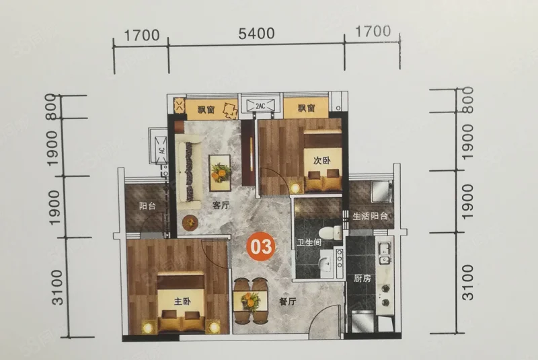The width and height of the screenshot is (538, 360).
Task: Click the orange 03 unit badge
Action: pyautogui.click(x=261, y=246)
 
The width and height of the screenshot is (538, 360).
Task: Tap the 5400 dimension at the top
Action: pyautogui.click(x=256, y=34)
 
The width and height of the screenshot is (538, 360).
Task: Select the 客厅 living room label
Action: pyautogui.click(x=221, y=205)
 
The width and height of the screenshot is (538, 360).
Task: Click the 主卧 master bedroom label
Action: pyautogui.click(x=182, y=301)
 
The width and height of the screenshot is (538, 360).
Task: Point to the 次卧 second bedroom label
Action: pyautogui.click(x=322, y=160)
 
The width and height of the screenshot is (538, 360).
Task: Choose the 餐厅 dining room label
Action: pyautogui.click(x=288, y=301)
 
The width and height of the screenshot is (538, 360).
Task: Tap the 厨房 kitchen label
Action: pyautogui.click(x=362, y=278)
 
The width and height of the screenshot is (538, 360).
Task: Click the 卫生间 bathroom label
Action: pyautogui.click(x=309, y=243)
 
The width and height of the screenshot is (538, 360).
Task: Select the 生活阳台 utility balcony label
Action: pyautogui.click(x=370, y=216)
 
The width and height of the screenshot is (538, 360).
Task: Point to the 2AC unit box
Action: pyautogui.click(x=260, y=106)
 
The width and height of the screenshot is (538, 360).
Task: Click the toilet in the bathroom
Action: pyautogui.click(x=330, y=232)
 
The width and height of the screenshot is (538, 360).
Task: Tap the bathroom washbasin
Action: pyautogui.click(x=325, y=263)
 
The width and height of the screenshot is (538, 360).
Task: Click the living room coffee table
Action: pyautogui.click(x=220, y=173)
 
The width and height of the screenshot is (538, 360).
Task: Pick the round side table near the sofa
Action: pyautogui.click(x=190, y=223)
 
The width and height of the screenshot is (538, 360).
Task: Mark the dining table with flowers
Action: pyautogui.click(x=250, y=301)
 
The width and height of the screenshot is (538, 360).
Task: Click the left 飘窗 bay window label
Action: pyautogui.click(x=206, y=110)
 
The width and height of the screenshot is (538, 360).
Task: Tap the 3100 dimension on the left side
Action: pyautogui.click(x=58, y=287)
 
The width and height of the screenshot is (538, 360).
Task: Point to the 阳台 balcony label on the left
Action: pyautogui.click(x=147, y=206)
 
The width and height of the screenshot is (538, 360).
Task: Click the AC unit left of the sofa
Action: pyautogui.click(x=161, y=150)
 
